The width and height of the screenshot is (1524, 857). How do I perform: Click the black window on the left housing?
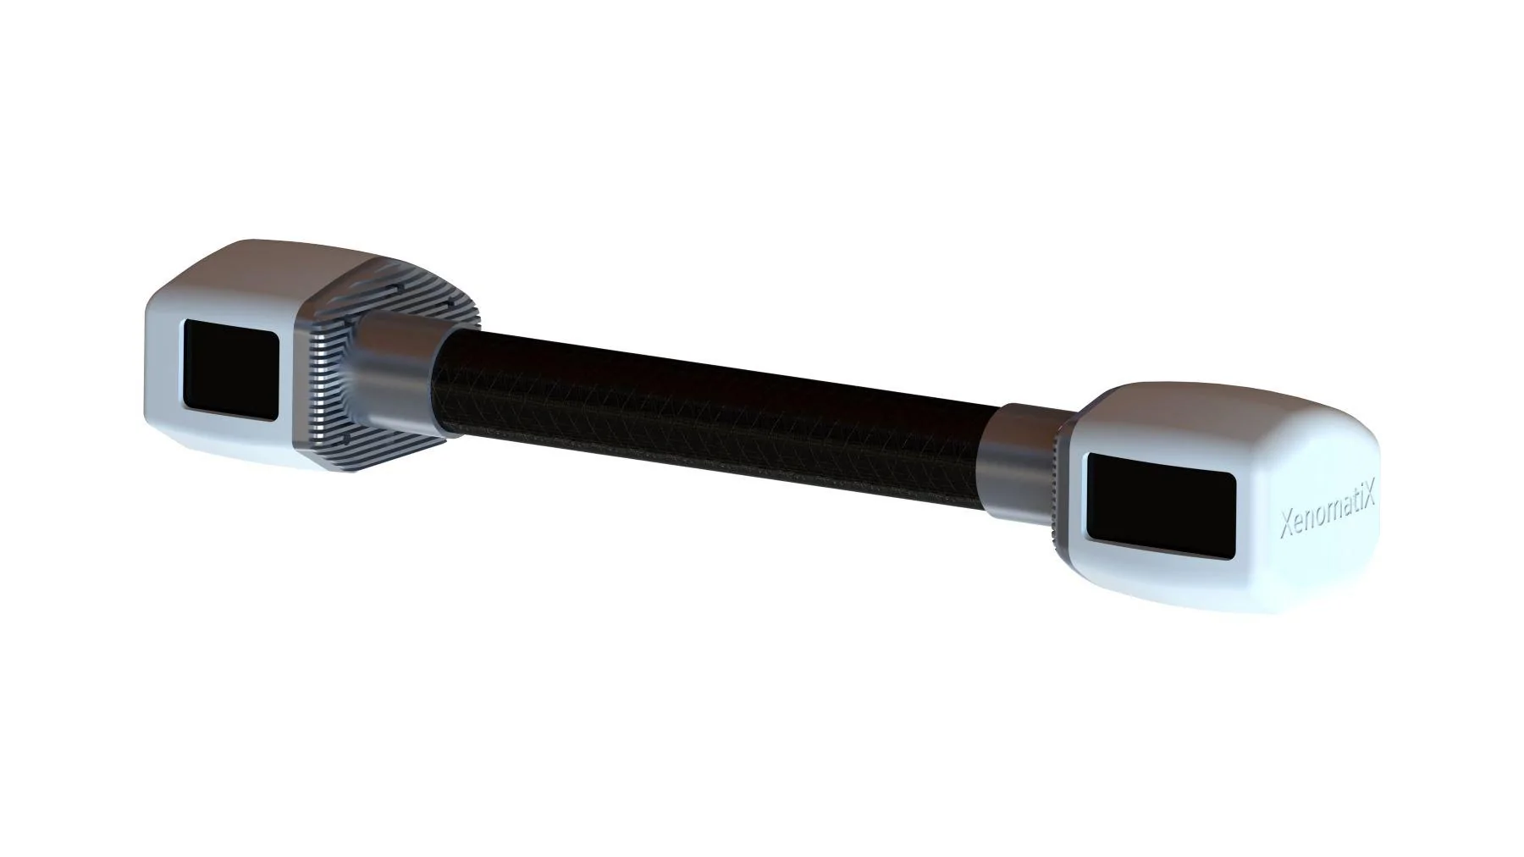(231, 369)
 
